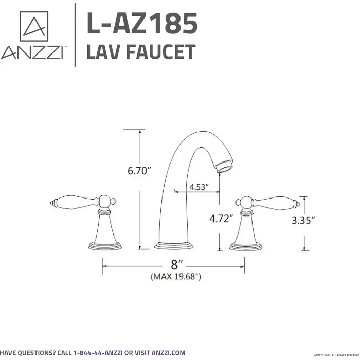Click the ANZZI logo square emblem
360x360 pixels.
coord(34,26)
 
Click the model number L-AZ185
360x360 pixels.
coord(141,23)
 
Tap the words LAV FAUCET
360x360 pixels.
coord(140,52)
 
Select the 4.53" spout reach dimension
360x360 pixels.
coord(199,187)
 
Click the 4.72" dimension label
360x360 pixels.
coord(221,218)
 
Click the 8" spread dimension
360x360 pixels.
coord(177,265)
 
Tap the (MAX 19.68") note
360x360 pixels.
coord(175,277)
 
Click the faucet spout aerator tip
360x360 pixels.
coord(225,166)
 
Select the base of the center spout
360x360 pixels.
coord(174,244)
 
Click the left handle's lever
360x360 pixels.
coord(72,202)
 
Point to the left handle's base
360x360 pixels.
coord(105,245)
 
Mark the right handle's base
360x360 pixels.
coord(245,245)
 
